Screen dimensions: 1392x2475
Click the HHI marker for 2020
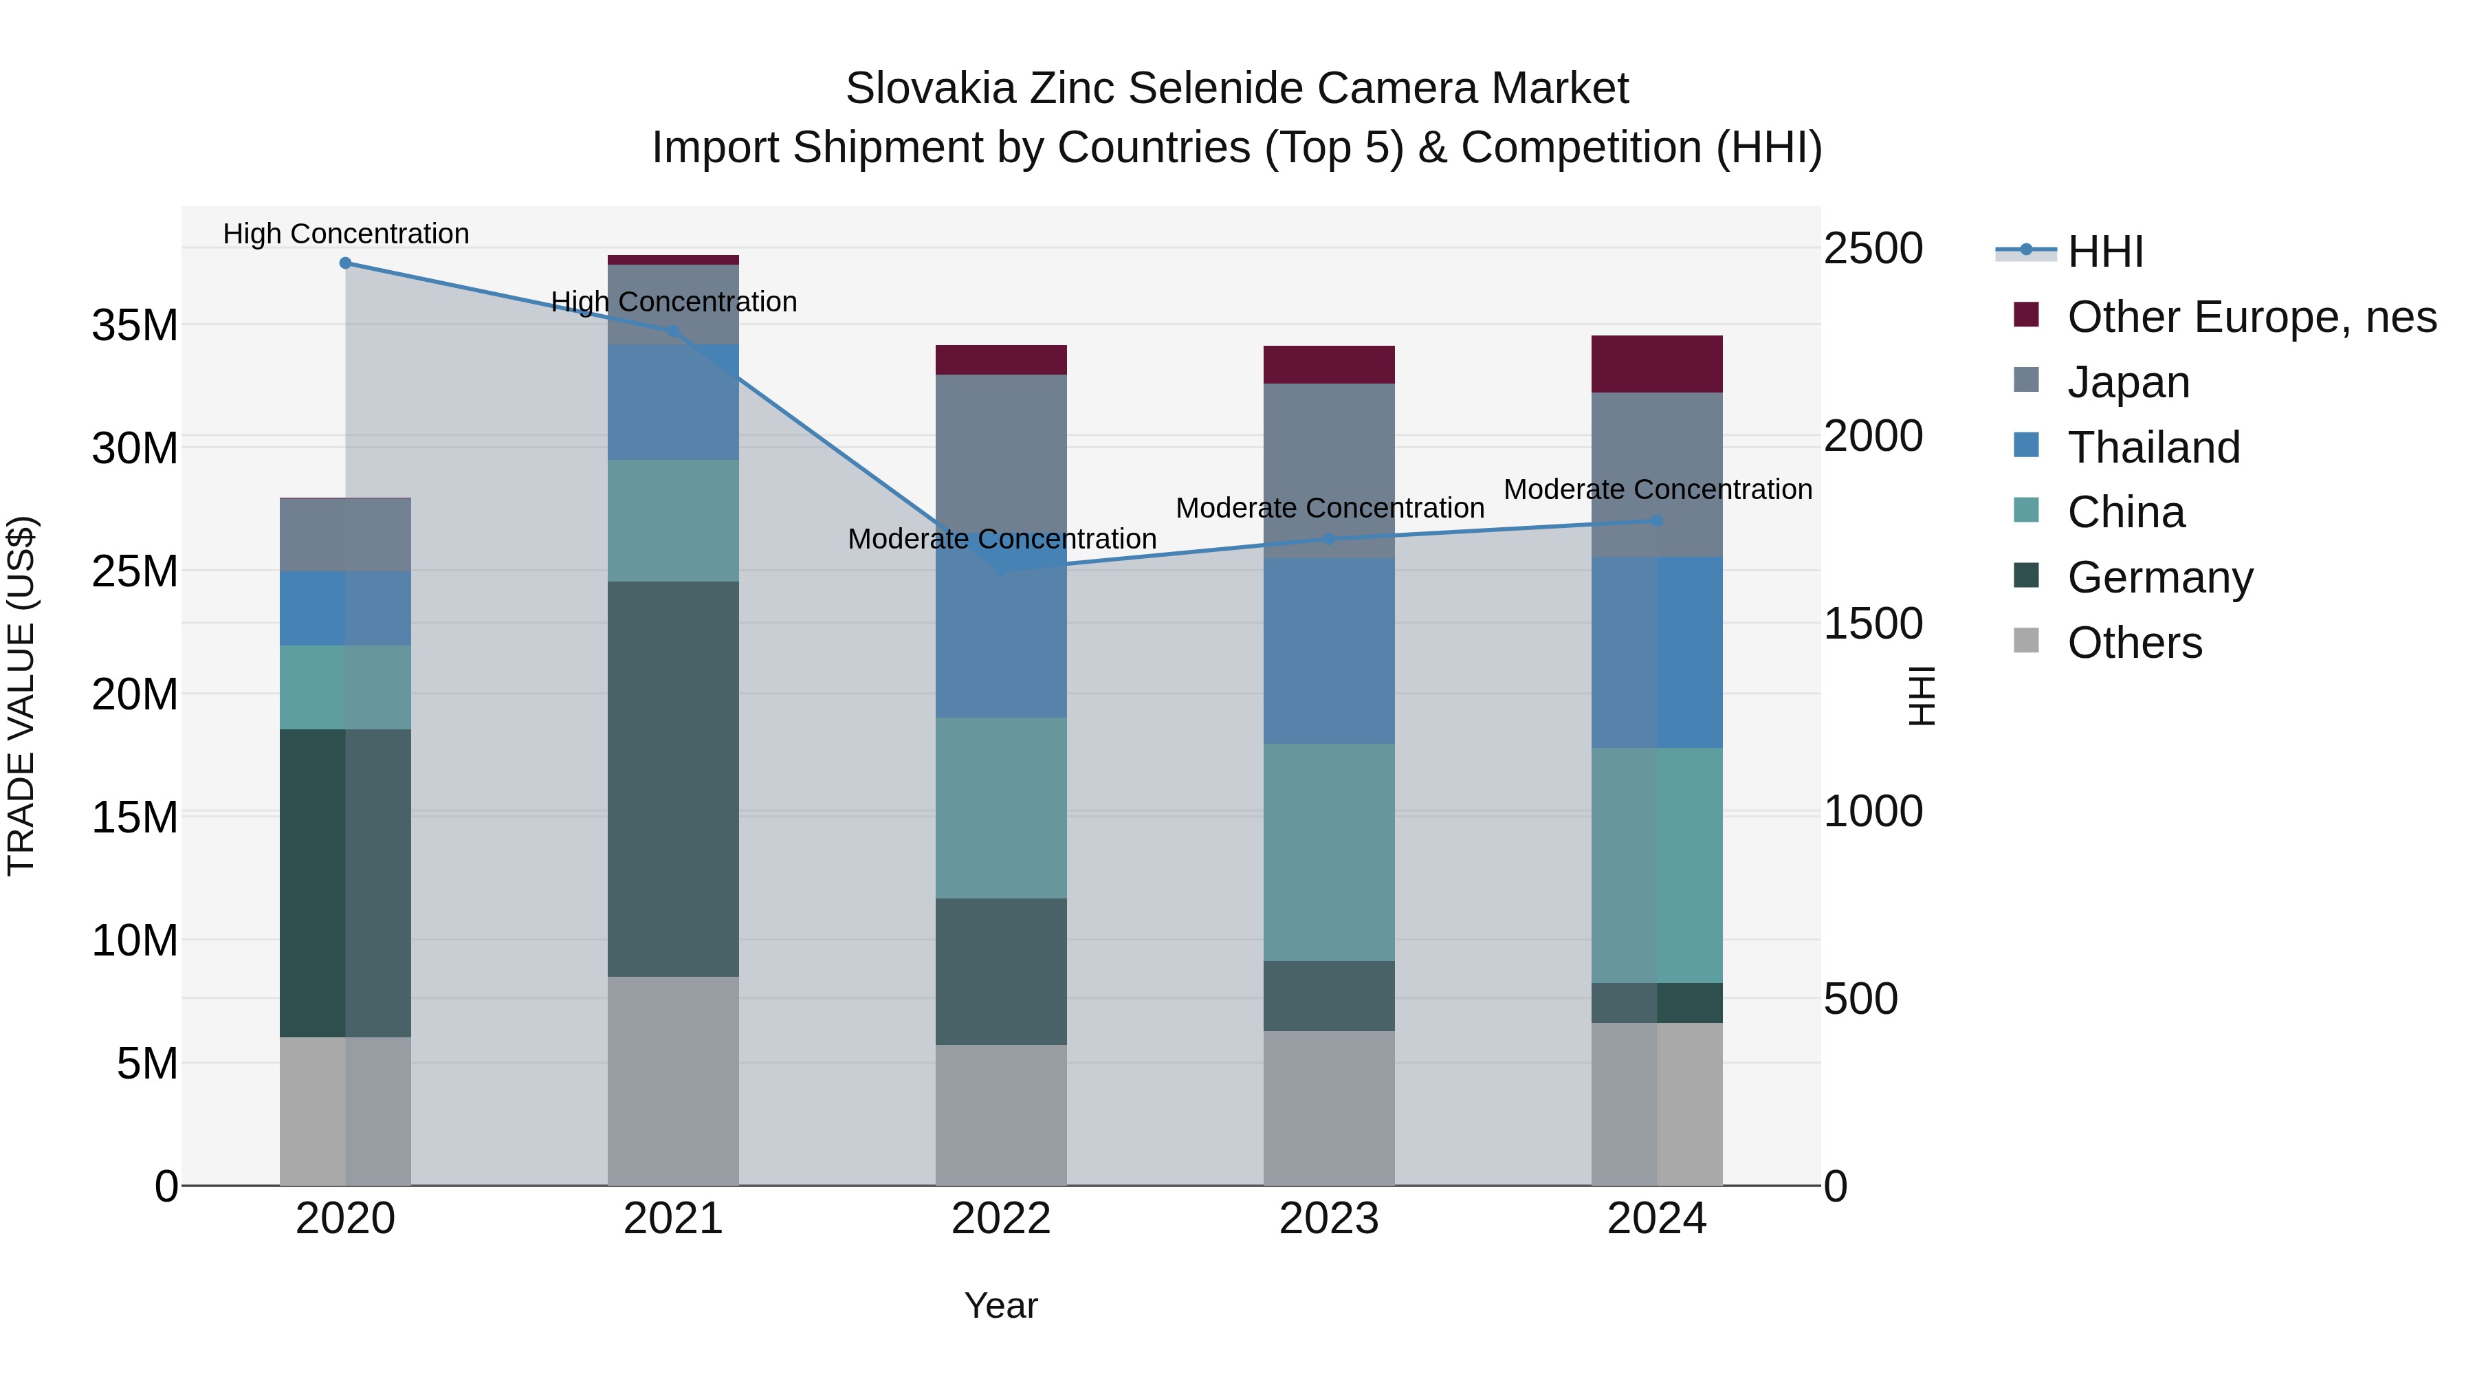pos(345,263)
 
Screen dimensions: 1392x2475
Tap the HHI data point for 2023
pos(1329,539)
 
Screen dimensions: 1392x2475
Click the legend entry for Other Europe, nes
pos(2251,317)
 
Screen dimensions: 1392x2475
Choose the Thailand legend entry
pos(2153,448)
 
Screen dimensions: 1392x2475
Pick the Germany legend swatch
pos(2025,577)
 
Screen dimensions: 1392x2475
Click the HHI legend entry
pos(2104,252)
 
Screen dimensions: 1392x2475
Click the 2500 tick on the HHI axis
pos(1873,249)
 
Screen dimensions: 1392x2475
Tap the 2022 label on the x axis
pos(1000,1219)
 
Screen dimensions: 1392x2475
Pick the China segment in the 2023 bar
pos(1329,852)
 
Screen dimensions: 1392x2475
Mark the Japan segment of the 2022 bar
pos(1000,452)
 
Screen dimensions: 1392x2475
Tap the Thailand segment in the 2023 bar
pos(1329,650)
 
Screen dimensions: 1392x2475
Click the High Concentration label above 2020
pos(346,234)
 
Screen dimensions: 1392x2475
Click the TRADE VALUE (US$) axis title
pos(21,696)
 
